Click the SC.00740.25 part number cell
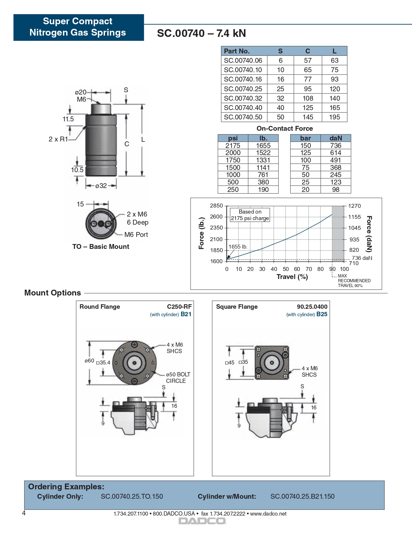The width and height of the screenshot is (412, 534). click(x=243, y=89)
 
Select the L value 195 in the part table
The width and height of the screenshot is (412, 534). click(x=334, y=117)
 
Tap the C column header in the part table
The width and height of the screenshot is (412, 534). click(x=308, y=51)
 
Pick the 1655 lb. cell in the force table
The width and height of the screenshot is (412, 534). click(x=263, y=146)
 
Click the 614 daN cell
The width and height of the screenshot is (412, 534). click(x=335, y=153)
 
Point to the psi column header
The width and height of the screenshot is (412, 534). click(x=233, y=138)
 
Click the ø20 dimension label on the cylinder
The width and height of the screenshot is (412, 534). click(x=80, y=92)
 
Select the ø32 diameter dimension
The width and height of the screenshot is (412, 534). click(x=101, y=186)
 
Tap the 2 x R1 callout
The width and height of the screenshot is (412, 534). click(x=58, y=139)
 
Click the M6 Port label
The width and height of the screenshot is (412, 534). click(x=136, y=235)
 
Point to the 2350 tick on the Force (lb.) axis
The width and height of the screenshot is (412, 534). click(x=216, y=228)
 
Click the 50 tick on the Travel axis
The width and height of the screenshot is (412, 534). click(x=286, y=269)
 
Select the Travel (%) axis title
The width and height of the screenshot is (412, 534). click(x=292, y=277)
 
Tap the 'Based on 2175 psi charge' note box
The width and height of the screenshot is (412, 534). click(x=250, y=215)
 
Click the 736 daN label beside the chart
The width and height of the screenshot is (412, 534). click(x=362, y=258)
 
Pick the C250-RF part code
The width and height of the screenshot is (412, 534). click(x=179, y=307)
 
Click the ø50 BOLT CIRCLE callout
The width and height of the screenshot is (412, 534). click(x=178, y=378)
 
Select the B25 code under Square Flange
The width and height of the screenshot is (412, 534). click(x=322, y=314)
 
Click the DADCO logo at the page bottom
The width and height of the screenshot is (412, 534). click(x=203, y=521)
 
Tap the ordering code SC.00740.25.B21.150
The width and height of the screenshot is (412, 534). click(x=302, y=496)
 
